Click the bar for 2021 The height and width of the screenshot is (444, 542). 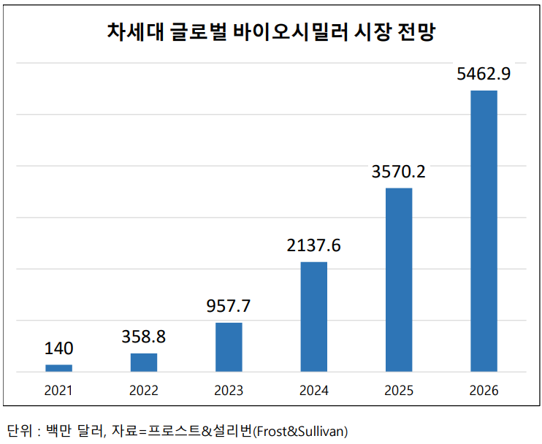pos(58,368)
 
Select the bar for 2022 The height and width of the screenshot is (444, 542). pos(144,362)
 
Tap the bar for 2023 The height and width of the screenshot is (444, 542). pos(229,347)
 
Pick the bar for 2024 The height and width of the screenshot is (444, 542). pos(314,316)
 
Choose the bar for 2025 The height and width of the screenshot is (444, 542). pos(399,280)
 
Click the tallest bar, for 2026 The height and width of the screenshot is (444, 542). pos(484,231)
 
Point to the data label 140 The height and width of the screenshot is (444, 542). pos(58,348)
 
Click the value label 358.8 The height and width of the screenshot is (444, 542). pos(144,337)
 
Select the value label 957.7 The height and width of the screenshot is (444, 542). pos(229,306)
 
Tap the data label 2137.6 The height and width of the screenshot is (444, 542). pos(314,245)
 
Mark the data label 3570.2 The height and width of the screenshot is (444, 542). pos(399,172)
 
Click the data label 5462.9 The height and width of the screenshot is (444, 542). pos(484,74)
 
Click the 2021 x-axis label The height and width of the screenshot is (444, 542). pos(58,391)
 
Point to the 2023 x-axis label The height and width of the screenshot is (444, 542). pos(229,391)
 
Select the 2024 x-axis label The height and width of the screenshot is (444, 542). pos(314,391)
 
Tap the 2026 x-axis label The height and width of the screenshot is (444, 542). pos(484,391)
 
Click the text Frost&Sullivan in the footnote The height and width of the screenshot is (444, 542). pos(307,430)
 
